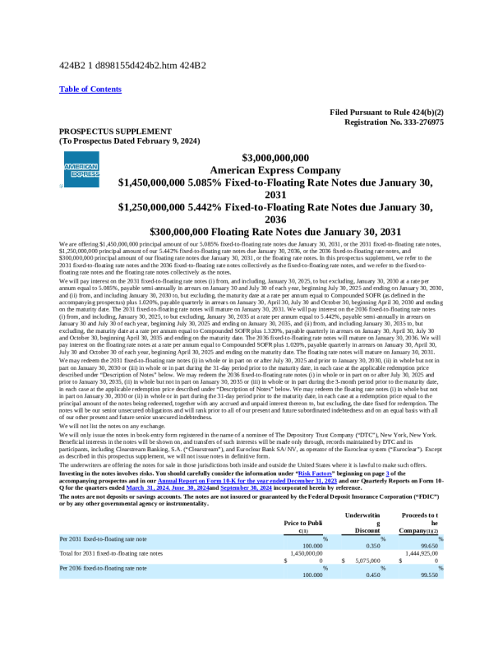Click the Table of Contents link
pyautogui.click(x=90, y=89)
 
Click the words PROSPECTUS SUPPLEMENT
pyautogui.click(x=116, y=132)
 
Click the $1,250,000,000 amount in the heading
pyautogui.click(x=164, y=208)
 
